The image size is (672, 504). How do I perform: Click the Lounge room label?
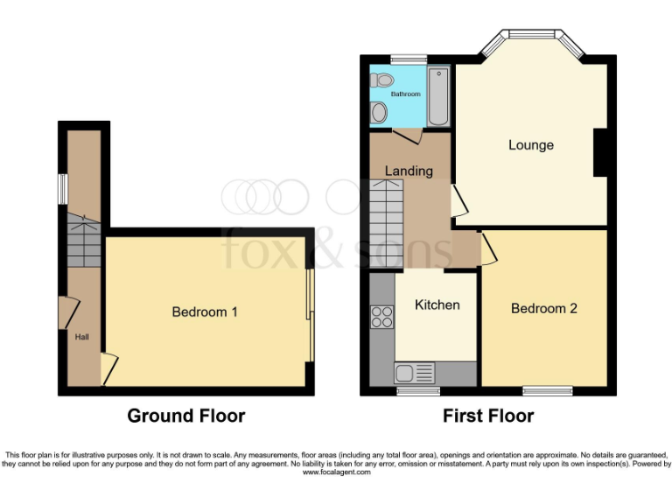(x=530, y=145)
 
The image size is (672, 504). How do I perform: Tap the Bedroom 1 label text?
(x=204, y=311)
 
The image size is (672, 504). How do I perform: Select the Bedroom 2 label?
(x=543, y=308)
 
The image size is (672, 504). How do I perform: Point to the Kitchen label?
(x=437, y=304)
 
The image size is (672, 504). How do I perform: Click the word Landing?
(x=409, y=171)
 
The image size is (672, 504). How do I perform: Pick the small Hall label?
(x=81, y=336)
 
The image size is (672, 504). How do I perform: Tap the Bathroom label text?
(x=405, y=94)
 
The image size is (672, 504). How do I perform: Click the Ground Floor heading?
(x=186, y=416)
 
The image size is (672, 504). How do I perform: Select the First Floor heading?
(x=488, y=416)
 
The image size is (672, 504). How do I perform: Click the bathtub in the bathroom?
(x=439, y=96)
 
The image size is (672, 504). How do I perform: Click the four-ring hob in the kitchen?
(x=381, y=317)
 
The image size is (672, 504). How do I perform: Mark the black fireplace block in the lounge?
(x=601, y=152)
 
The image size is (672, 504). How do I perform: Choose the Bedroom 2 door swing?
(x=488, y=248)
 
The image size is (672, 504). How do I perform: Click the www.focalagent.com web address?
(x=337, y=472)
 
